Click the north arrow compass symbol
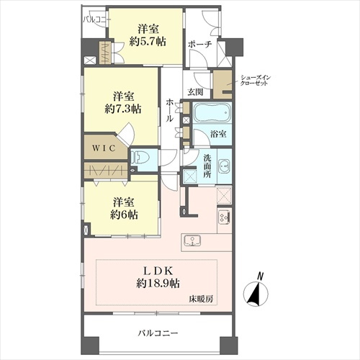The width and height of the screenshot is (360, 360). [256, 294]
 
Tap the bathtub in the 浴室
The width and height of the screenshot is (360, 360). [212, 113]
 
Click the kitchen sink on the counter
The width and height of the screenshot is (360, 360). [192, 240]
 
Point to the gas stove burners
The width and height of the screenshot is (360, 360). [224, 217]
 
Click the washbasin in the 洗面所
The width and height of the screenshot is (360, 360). [224, 166]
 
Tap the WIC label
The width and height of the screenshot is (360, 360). [104, 148]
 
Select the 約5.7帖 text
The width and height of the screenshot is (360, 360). [148, 42]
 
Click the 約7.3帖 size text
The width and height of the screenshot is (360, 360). [123, 109]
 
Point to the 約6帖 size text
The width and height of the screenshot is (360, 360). [124, 215]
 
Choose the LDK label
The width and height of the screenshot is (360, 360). [158, 271]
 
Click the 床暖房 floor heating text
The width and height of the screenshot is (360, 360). [201, 299]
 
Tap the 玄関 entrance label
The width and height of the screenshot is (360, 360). [195, 92]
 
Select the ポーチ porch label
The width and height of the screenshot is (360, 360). [200, 45]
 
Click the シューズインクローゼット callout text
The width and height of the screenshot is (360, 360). [256, 81]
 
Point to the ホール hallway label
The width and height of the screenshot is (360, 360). [169, 110]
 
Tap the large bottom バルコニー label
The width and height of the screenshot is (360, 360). [158, 333]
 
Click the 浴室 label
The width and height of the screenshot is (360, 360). [218, 134]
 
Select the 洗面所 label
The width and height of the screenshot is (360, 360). [207, 166]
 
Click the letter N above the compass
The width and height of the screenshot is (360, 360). [260, 276]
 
